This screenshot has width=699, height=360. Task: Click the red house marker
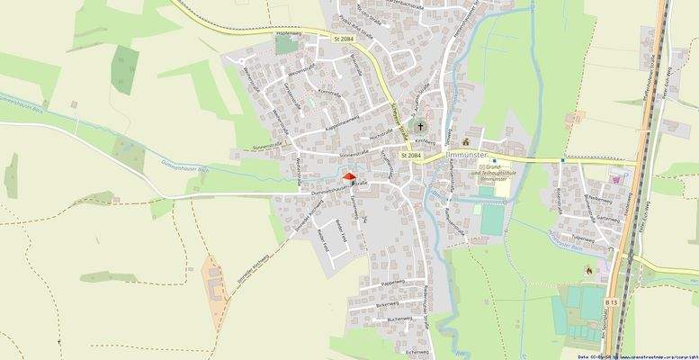349,178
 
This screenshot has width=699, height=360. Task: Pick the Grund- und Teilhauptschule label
494,172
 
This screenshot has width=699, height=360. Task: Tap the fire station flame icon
587,268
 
